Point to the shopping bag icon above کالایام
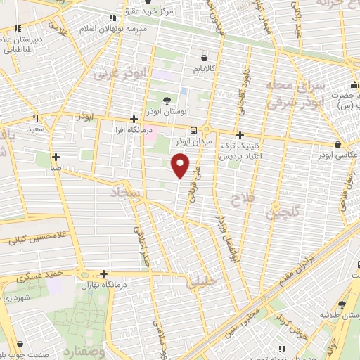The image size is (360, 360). point(204,58)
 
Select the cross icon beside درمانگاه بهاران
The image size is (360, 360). point(104,274)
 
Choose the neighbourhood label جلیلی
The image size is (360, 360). point(202,283)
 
